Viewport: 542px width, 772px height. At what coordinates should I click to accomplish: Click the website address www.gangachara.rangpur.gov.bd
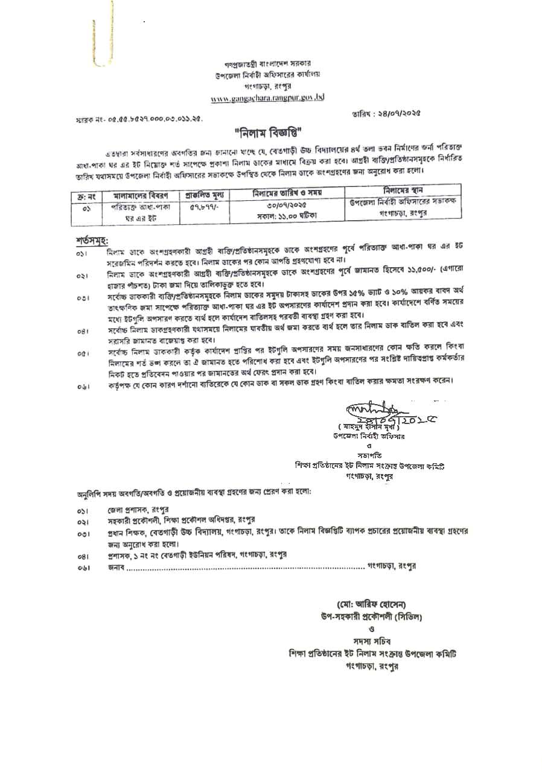[x=267, y=97]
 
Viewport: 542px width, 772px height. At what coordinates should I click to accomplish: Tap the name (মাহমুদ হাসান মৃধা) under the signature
[x=365, y=426]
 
